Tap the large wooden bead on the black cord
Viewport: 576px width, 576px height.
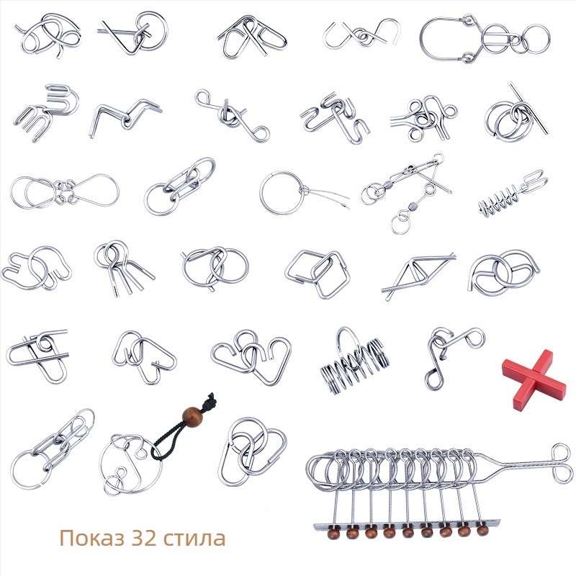pos(192,416)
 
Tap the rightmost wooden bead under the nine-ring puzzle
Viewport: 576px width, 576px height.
pos(482,531)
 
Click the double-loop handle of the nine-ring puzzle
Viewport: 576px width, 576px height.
pos(562,464)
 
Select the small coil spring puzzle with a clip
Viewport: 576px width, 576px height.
pos(510,193)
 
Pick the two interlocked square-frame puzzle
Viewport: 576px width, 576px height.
pos(317,274)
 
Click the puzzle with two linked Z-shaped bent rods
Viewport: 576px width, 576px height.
pos(125,117)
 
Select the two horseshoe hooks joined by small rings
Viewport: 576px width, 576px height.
pos(362,35)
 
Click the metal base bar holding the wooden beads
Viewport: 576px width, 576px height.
pos(407,526)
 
